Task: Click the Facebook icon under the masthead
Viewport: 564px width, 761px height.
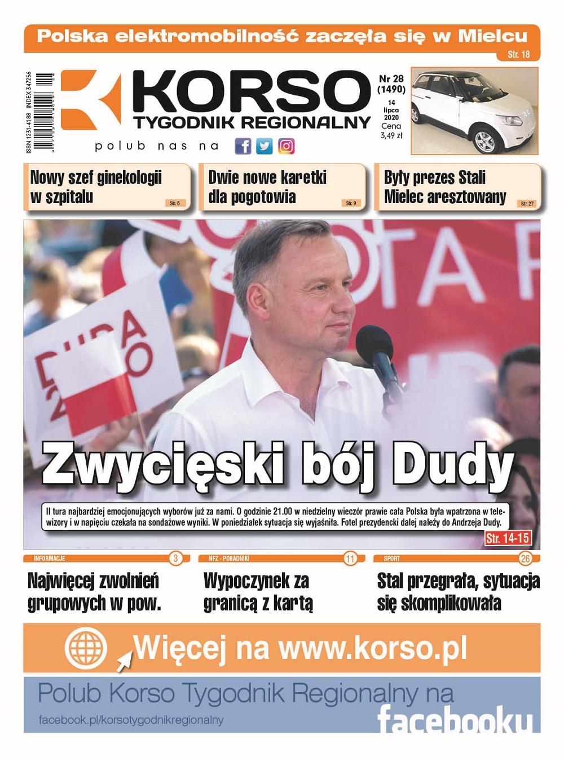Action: coord(243,147)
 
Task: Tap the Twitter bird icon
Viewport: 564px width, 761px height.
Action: coord(264,147)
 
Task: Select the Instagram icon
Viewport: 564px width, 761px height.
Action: coord(286,147)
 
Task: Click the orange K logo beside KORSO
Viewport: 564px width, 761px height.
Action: coord(90,100)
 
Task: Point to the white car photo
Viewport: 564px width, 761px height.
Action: coord(474,111)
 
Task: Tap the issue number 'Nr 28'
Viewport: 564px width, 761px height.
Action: coord(391,79)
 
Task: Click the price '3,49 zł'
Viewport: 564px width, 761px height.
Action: coord(391,135)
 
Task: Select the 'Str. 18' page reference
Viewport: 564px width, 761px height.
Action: coord(518,55)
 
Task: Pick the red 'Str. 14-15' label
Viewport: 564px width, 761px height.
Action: coord(508,538)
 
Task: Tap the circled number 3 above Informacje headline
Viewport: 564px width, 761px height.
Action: coord(175,558)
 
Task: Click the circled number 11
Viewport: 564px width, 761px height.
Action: coord(350,558)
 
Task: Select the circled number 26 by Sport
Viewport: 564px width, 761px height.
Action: coord(525,558)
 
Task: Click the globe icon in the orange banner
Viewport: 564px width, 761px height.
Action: coord(86,647)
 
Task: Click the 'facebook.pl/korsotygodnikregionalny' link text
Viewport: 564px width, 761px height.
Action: coord(131,720)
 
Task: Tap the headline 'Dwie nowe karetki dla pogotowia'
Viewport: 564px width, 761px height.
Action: coord(267,187)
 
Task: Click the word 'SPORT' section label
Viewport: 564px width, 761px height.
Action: coord(392,558)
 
